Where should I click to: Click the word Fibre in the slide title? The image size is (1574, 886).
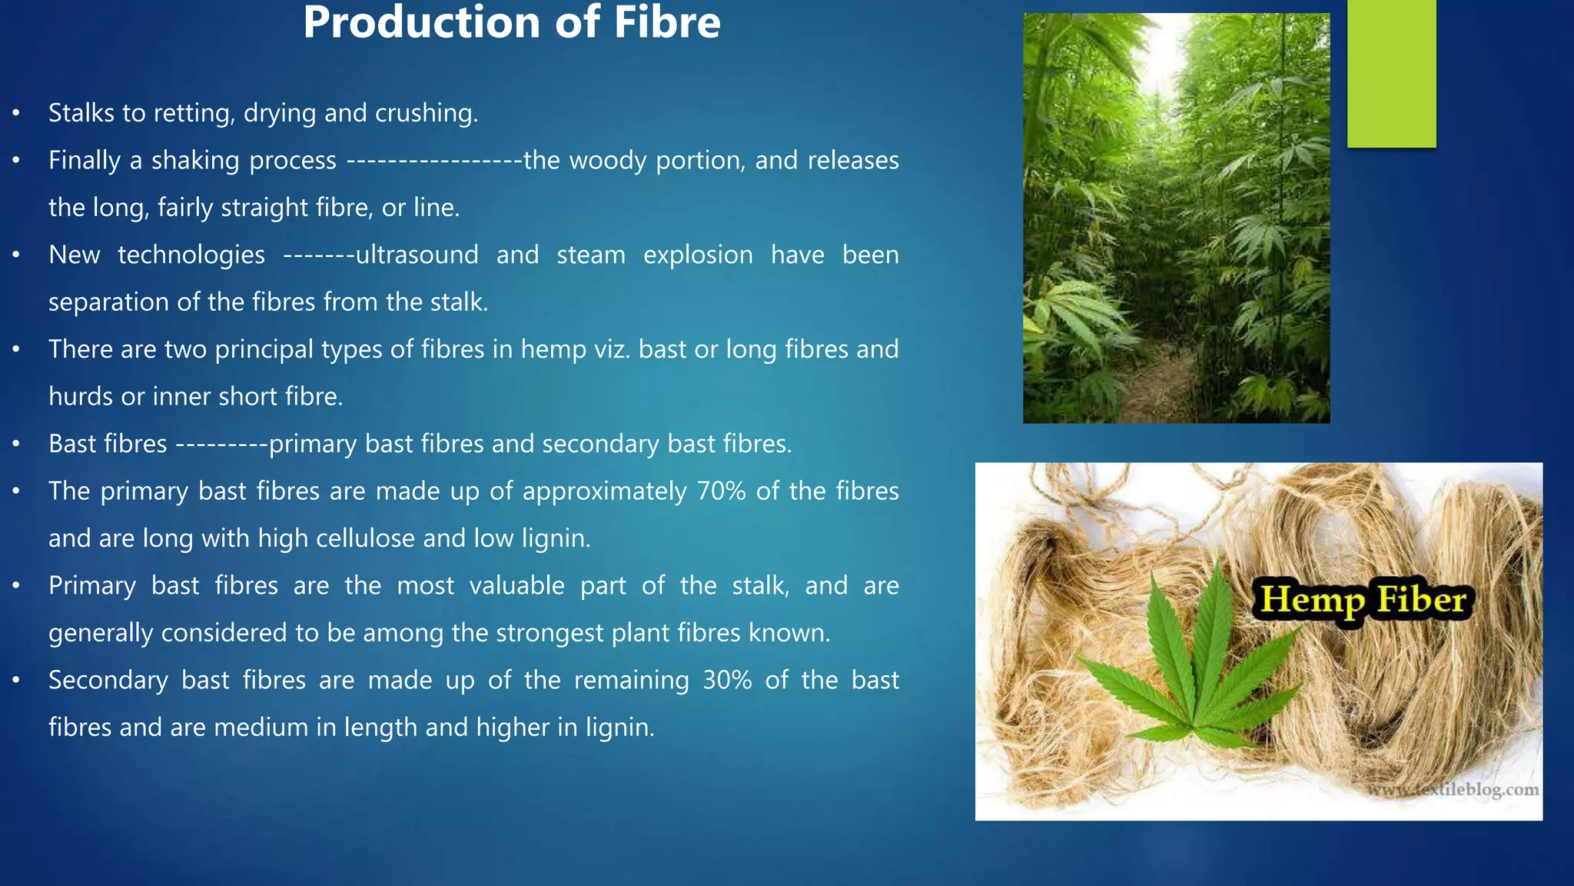pos(666,23)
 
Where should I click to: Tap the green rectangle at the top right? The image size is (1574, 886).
pos(1391,73)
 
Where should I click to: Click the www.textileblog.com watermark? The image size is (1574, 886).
pos(1453,790)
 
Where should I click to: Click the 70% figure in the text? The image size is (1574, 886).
pos(721,491)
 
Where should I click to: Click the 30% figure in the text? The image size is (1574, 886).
pos(727,681)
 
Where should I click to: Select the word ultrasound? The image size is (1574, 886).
pos(417,255)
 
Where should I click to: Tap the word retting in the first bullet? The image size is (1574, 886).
pos(194,114)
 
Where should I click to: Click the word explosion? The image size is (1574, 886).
pos(698,255)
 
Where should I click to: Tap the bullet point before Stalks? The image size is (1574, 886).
pos(16,114)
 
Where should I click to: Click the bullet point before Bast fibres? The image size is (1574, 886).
pos(16,445)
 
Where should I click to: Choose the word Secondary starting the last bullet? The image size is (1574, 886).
pos(108,681)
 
